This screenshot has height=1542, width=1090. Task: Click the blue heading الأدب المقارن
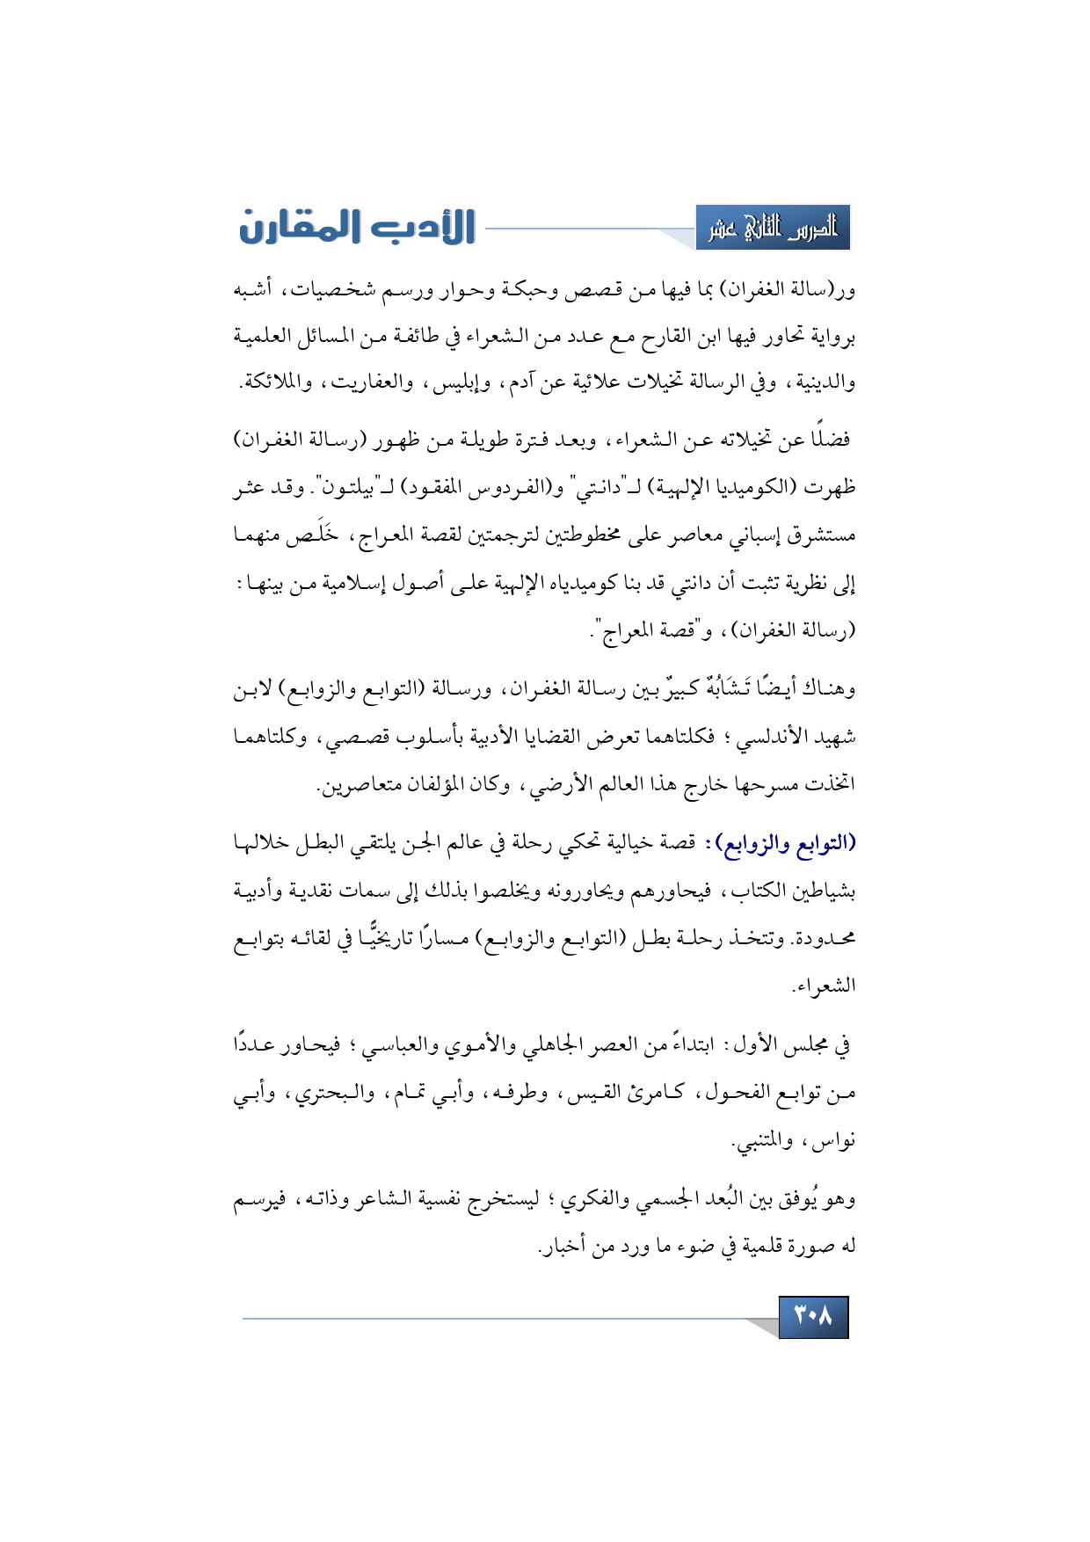coord(357,227)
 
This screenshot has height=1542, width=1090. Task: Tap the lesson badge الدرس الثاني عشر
coord(773,229)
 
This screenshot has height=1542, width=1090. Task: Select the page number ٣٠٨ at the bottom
coord(813,1316)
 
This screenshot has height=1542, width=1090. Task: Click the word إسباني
coord(720,535)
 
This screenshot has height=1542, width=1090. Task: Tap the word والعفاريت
coord(365,382)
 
